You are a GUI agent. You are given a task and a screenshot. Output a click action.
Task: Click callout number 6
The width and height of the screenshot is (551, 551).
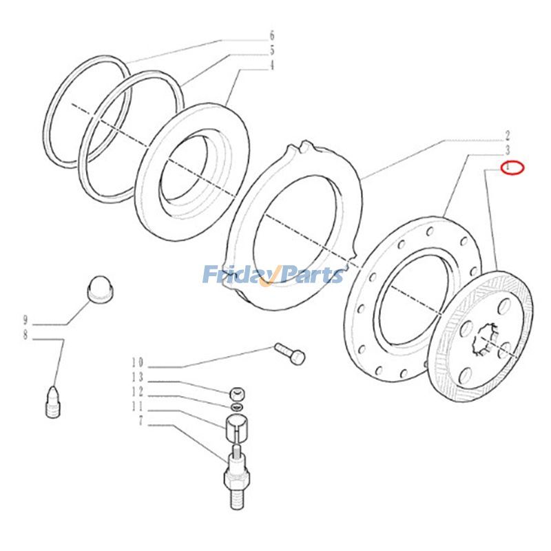point(272,34)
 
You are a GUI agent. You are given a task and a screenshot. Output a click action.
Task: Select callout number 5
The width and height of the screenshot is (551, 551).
point(272,50)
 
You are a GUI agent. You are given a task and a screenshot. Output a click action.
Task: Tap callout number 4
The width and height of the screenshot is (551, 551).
point(272,66)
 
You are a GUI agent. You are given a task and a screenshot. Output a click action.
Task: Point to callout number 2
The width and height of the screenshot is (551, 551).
point(507,135)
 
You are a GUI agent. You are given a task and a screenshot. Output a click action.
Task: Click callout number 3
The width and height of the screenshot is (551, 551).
point(507,150)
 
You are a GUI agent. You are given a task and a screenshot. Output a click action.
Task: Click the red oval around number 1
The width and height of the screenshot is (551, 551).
point(512,167)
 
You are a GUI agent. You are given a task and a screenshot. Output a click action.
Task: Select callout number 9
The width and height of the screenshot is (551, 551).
point(25,320)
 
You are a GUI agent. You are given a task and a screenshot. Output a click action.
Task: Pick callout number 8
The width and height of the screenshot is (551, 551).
point(25,336)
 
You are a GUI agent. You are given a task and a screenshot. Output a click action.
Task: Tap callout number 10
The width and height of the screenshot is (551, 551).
point(137,362)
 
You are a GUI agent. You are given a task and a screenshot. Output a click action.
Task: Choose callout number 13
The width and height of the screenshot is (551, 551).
point(137,377)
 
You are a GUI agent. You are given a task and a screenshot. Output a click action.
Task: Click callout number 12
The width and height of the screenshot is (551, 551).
point(137,392)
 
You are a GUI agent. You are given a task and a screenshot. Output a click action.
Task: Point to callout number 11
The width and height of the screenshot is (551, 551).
point(137,407)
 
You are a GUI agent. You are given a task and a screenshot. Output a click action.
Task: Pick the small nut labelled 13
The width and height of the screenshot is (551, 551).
point(236,394)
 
